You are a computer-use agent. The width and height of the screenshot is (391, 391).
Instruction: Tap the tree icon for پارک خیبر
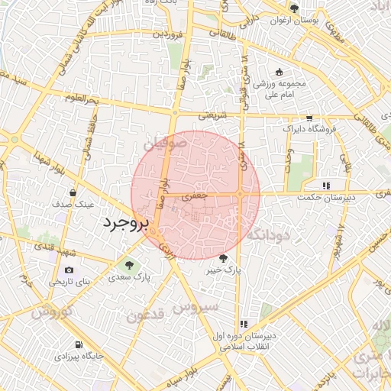(x=223, y=259)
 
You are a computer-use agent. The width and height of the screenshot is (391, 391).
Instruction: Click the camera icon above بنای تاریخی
(x=69, y=270)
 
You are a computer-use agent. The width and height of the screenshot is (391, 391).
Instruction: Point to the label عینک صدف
(x=72, y=205)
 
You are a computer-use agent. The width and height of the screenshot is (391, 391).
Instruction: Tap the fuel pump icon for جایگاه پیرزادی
(x=79, y=344)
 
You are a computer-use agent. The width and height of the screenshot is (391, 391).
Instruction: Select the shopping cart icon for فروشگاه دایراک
(x=309, y=118)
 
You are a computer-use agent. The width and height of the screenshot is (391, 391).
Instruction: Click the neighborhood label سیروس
(x=195, y=306)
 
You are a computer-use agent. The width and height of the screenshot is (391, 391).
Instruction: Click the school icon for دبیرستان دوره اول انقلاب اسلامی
(x=244, y=324)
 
